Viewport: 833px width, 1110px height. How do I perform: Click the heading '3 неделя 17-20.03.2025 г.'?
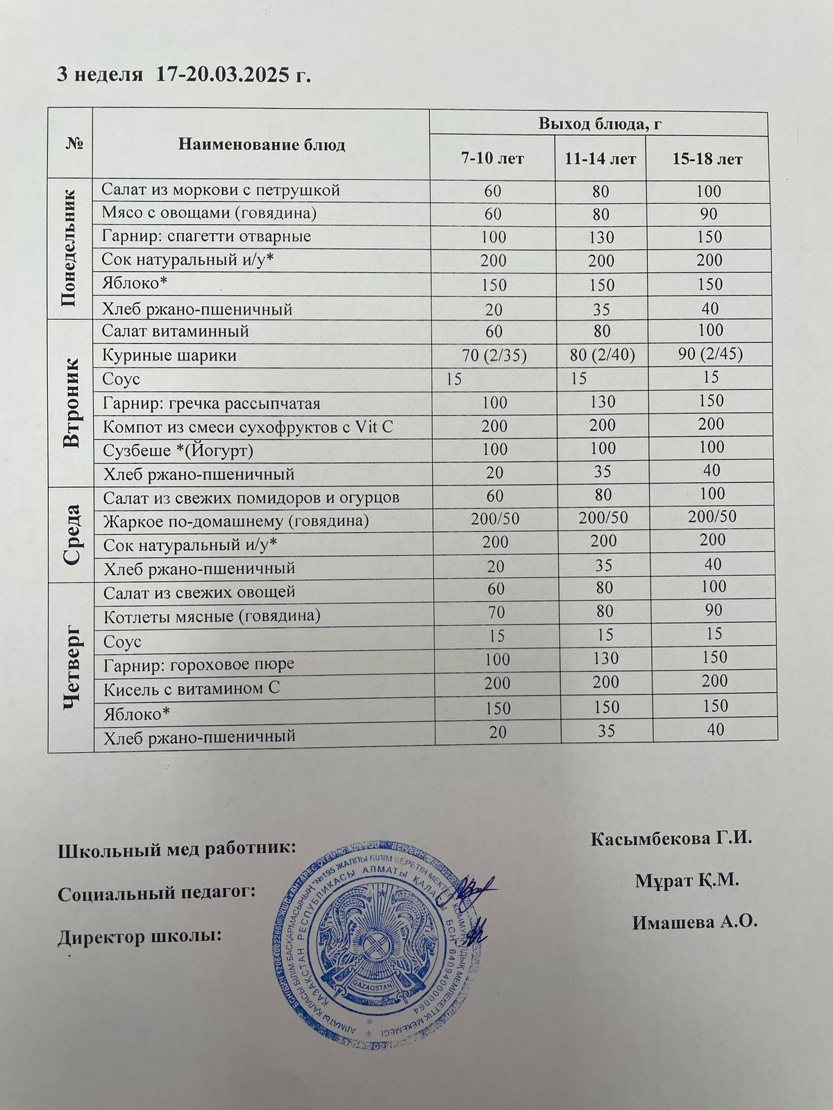[183, 76]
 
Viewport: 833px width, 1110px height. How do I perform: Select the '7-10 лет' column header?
[492, 159]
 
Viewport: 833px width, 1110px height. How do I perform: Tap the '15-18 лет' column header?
[707, 159]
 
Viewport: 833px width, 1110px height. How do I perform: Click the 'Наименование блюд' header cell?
[261, 145]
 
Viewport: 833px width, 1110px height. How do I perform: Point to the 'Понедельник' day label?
[69, 250]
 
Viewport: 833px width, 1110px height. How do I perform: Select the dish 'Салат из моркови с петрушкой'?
[221, 189]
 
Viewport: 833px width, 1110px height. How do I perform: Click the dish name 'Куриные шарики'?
[169, 355]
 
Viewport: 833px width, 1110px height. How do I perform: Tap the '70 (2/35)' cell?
[494, 356]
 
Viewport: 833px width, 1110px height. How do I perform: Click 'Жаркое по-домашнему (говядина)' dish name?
[235, 521]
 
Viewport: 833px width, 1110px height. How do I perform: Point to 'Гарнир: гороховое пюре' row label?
[199, 664]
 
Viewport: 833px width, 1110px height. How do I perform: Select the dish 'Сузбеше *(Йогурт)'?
[178, 451]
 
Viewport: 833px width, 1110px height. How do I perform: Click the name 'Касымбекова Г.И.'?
[671, 838]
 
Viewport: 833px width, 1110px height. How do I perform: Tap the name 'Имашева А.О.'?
[693, 923]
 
